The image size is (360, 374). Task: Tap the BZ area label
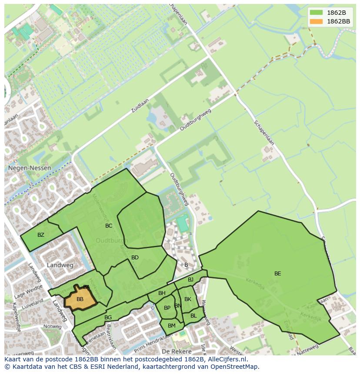click(41, 235)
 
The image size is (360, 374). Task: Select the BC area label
click(109, 226)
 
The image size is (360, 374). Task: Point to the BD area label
click(135, 258)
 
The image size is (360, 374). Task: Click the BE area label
click(277, 274)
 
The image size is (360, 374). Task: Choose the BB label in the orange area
click(80, 299)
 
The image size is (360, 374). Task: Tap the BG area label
click(108, 318)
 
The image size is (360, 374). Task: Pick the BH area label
click(162, 293)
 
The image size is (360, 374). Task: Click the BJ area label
click(190, 280)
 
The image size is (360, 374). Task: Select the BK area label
click(188, 299)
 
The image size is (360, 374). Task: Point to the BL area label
click(193, 316)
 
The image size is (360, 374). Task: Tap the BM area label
click(172, 326)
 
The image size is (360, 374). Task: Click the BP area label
click(167, 308)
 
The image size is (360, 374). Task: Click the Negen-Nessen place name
click(29, 168)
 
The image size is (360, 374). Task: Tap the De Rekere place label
click(177, 351)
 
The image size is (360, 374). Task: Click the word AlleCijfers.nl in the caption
click(227, 359)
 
